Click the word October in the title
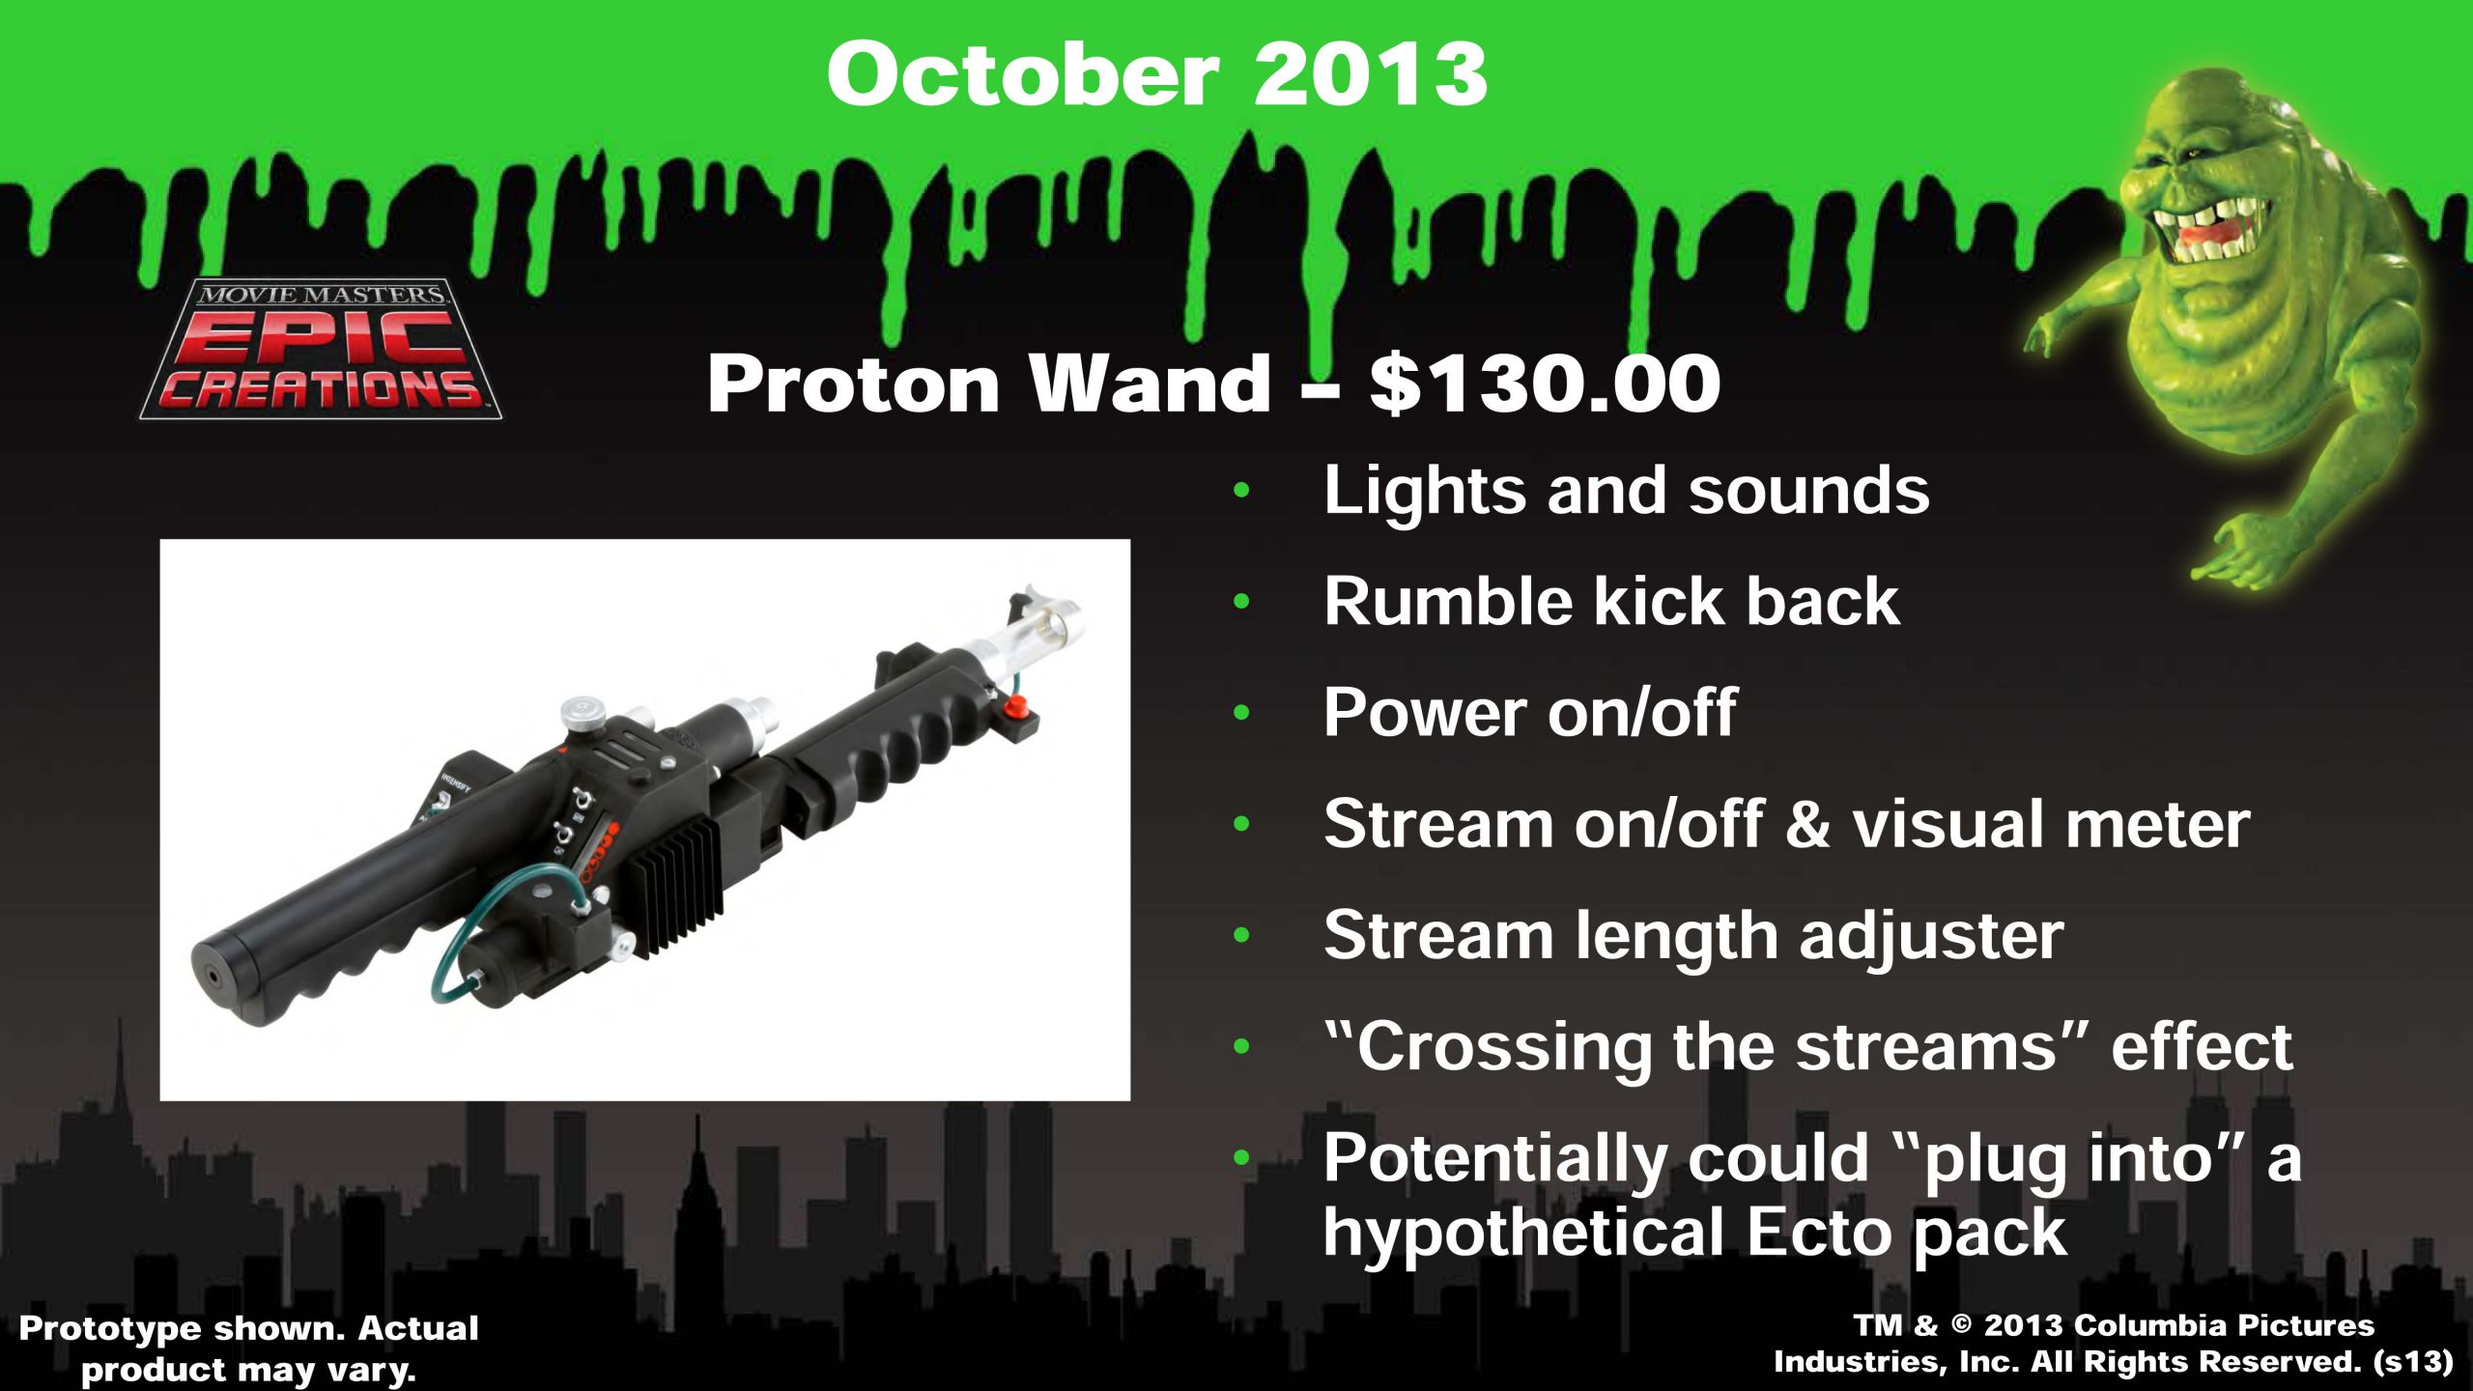pyautogui.click(x=1023, y=75)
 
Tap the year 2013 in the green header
pyautogui.click(x=1371, y=75)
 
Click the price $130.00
pyautogui.click(x=1545, y=383)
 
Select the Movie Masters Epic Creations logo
pyautogui.click(x=321, y=350)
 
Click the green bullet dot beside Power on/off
pyautogui.click(x=1241, y=713)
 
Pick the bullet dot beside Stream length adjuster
pyautogui.click(x=1241, y=935)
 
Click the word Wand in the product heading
pyautogui.click(x=1150, y=383)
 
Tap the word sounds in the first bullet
pyautogui.click(x=1808, y=491)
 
